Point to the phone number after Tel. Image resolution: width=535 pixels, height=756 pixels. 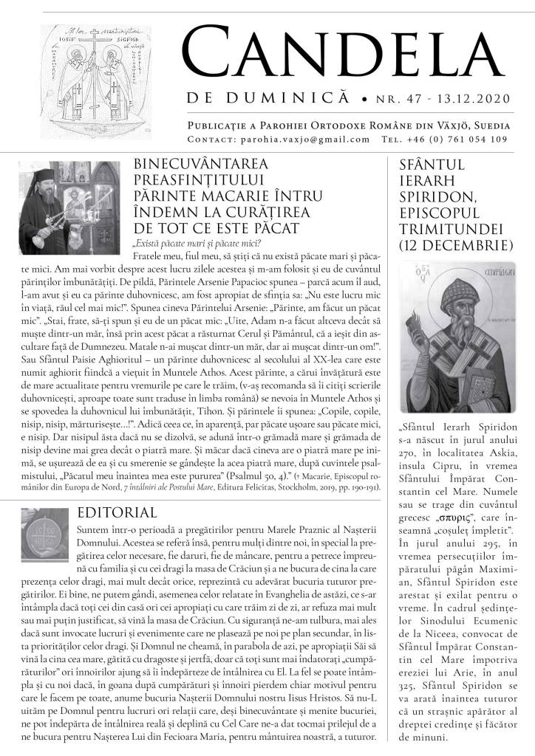tap(468, 139)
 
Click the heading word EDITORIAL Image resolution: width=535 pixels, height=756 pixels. tap(116, 512)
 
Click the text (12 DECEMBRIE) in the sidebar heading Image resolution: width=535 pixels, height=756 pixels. tap(451, 244)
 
